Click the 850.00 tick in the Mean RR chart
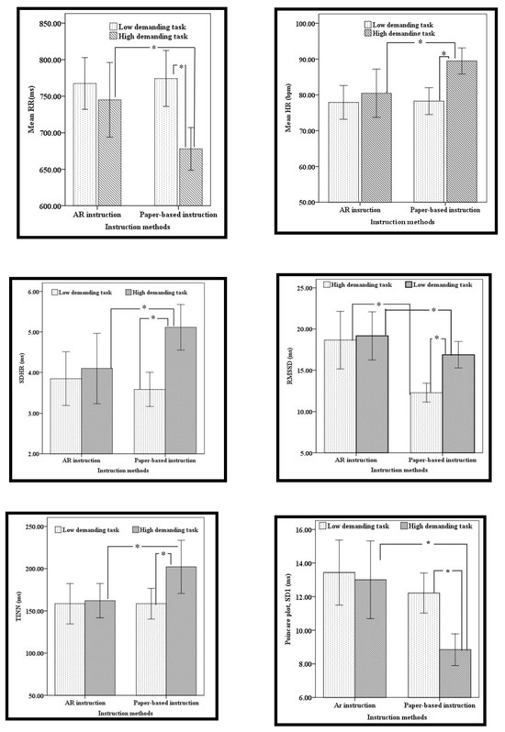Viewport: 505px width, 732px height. point(47,23)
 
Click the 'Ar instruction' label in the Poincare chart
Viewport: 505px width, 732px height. point(357,707)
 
